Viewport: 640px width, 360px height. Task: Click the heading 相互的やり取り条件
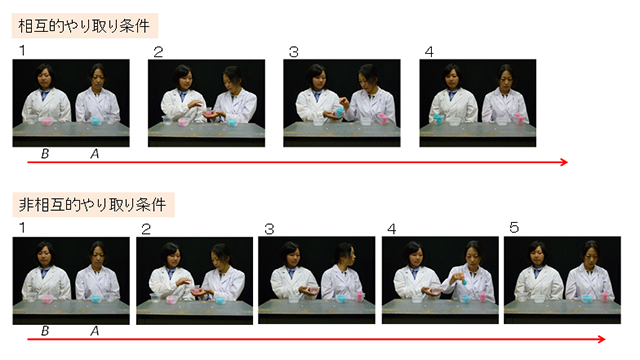coord(84,26)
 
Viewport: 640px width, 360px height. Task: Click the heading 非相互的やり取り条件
coord(92,204)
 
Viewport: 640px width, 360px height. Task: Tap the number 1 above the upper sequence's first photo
coord(22,50)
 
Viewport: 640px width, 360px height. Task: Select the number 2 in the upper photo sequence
coord(158,52)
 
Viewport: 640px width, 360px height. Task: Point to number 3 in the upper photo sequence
coord(293,52)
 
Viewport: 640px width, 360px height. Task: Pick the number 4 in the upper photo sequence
coord(429,52)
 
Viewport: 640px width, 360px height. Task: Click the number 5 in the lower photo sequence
coord(514,227)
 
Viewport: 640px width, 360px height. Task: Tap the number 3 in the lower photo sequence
coord(269,229)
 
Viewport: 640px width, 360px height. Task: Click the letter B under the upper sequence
coord(45,153)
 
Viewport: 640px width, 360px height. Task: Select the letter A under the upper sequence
coord(95,153)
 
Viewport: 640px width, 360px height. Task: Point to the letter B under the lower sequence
coord(45,331)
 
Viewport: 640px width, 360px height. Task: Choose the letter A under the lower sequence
coord(95,331)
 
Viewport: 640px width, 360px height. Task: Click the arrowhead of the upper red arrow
coord(564,162)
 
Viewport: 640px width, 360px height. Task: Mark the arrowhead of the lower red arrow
coord(602,339)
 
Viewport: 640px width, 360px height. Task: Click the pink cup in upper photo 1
coord(47,121)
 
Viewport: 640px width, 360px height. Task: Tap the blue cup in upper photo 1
coord(96,121)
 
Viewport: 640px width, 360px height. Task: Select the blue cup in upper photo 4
coord(438,119)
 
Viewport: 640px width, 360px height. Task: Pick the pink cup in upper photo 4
coord(518,118)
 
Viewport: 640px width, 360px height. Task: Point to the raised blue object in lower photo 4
coord(464,282)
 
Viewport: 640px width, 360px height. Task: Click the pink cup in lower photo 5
coord(605,297)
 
